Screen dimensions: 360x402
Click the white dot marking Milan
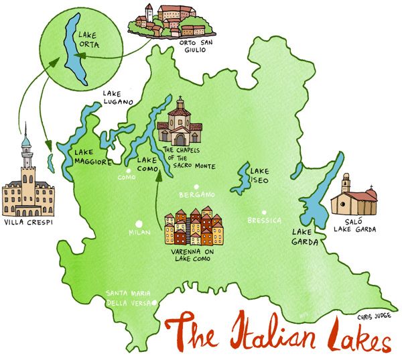pyautogui.click(x=139, y=223)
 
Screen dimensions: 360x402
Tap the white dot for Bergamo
pyautogui.click(x=196, y=187)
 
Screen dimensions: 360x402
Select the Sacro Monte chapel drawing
pyautogui.click(x=179, y=123)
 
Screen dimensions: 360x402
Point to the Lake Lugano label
pyautogui.click(x=118, y=98)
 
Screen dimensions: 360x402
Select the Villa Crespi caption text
pyautogui.click(x=28, y=222)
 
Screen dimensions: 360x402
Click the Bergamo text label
pyautogui.click(x=196, y=195)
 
